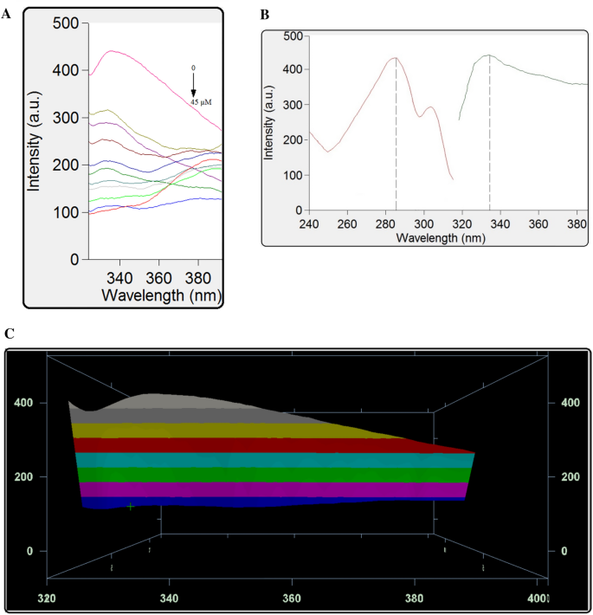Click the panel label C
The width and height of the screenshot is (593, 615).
[8, 333]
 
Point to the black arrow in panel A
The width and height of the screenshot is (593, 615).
[194, 86]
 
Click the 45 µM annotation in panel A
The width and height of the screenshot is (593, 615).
[201, 102]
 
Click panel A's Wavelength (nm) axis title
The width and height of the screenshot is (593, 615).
[160, 295]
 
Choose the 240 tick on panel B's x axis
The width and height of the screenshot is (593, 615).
[310, 223]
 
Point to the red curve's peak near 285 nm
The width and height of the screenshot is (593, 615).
[396, 58]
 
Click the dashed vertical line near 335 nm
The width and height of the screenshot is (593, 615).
[490, 139]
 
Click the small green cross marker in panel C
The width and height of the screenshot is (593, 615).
[131, 506]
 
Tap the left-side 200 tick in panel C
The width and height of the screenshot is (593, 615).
[32, 477]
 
